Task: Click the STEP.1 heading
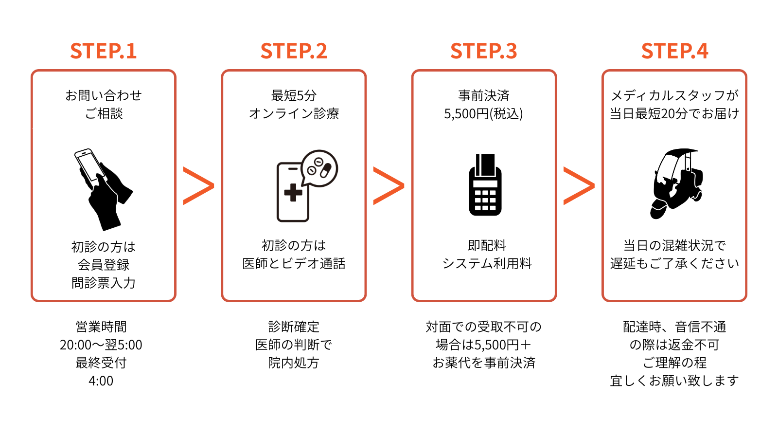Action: coord(103,51)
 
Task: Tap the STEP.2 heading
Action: coord(294,51)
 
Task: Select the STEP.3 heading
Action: coord(484,51)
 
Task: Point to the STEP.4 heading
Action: coord(674,51)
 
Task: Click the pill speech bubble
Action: coord(319,168)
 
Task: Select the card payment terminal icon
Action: coord(485,185)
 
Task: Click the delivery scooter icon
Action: coord(676,183)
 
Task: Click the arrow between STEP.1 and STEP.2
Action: coord(198,185)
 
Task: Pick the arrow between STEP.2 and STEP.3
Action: coord(389,185)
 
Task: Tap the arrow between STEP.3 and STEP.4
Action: coord(579,185)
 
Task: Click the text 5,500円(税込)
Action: coord(483,114)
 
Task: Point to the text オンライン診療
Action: coord(294,114)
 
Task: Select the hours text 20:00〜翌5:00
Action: coord(101,345)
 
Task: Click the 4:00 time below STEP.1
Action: coord(101,381)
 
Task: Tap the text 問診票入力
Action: coord(103,283)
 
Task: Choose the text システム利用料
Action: coord(487,263)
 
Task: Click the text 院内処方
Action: coord(294,363)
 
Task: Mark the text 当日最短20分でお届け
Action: coord(674,114)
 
